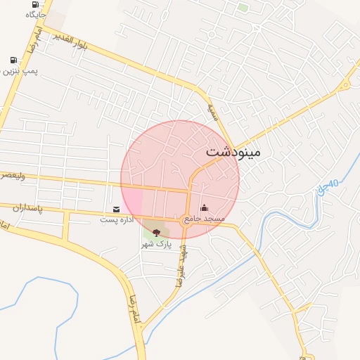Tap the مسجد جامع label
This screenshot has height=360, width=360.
(205, 219)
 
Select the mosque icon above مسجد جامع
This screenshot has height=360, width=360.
(205, 207)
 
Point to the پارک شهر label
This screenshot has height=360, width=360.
(156, 243)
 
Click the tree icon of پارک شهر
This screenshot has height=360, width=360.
(156, 232)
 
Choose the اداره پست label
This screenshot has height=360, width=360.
(116, 220)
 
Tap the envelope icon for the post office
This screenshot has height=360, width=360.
(116, 210)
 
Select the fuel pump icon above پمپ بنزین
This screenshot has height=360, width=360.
(13, 60)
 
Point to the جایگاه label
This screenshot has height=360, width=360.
(35, 14)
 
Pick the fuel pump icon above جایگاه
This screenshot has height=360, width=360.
(36, 4)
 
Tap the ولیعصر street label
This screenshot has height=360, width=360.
(13, 176)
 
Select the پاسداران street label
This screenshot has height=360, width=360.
(28, 209)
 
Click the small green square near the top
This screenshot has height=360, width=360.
(243, 8)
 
